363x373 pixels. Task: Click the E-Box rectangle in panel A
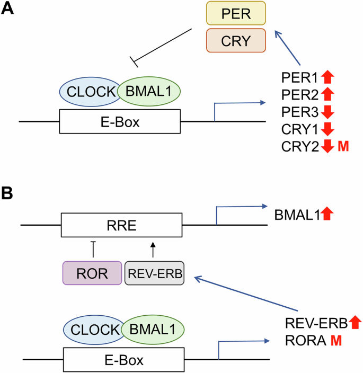pos(120,121)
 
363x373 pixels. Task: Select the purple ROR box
pos(92,273)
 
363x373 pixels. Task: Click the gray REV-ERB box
pos(154,273)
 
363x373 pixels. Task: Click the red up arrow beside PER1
pos(326,79)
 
